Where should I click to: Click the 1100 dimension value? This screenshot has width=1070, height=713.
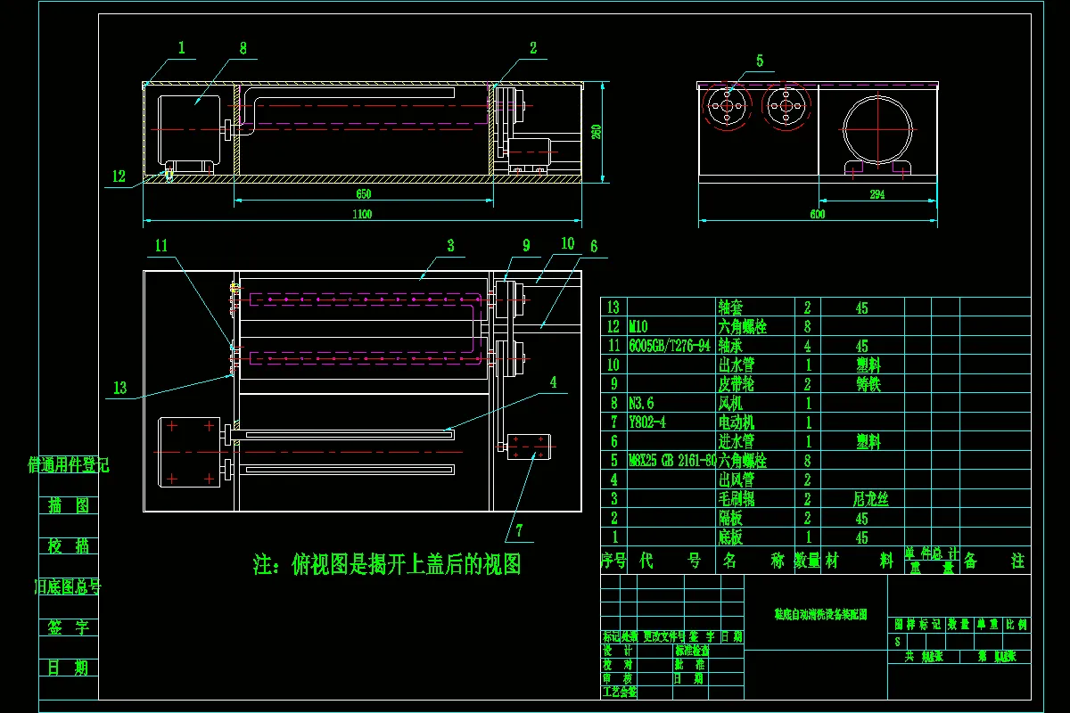(362, 214)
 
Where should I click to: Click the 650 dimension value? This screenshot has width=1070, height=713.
(362, 193)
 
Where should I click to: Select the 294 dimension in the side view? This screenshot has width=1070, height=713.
(877, 195)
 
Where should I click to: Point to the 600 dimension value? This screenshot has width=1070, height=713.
(818, 214)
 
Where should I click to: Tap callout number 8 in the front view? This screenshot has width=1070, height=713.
(243, 48)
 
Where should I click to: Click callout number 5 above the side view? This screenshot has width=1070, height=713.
(760, 61)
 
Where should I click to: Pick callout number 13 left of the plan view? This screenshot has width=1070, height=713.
(120, 387)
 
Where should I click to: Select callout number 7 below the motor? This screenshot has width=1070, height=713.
(519, 531)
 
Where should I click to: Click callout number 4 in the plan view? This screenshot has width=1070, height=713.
(553, 382)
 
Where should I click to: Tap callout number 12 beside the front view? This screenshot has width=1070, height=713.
(119, 176)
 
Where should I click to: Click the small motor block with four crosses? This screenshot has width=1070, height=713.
(530, 446)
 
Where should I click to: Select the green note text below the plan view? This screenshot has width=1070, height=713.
(387, 564)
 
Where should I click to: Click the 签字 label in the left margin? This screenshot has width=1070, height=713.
(69, 627)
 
